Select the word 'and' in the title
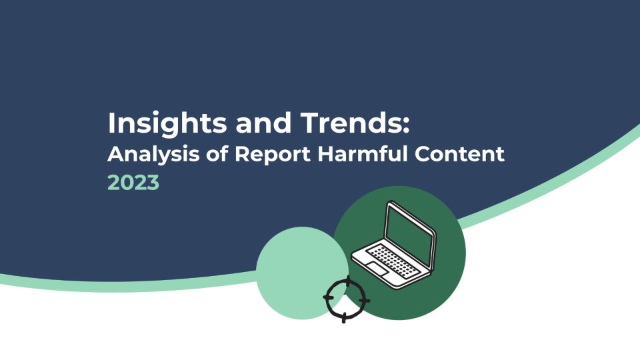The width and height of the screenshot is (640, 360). click(x=263, y=123)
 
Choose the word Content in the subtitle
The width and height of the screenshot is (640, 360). click(x=459, y=154)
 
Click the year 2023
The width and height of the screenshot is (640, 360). click(x=133, y=183)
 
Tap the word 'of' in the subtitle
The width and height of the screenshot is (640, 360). click(x=217, y=154)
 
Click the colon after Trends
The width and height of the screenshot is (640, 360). click(x=405, y=125)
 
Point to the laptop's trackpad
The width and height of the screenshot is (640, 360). click(x=377, y=269)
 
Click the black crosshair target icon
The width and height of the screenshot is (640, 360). click(x=346, y=299)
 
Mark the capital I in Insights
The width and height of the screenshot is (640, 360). click(x=111, y=123)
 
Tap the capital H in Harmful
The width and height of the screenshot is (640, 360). click(x=325, y=154)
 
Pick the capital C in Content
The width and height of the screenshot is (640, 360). click(x=423, y=154)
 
